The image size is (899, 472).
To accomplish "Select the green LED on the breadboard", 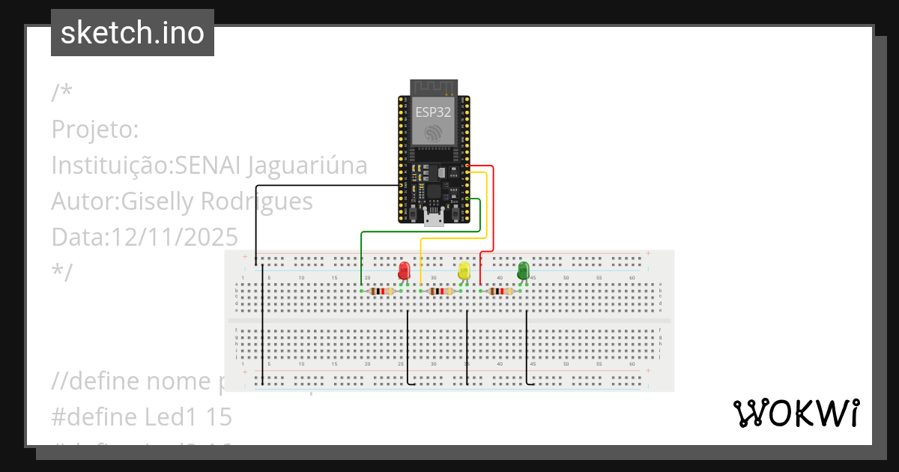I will pyautogui.click(x=524, y=270).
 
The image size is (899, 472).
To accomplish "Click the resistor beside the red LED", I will pyautogui.click(x=382, y=291).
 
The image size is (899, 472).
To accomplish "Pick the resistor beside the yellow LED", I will pyautogui.click(x=442, y=291).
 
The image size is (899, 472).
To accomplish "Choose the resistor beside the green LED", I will pyautogui.click(x=500, y=291).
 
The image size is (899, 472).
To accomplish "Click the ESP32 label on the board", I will pyautogui.click(x=433, y=112).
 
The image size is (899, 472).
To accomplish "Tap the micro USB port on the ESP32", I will pyautogui.click(x=433, y=219).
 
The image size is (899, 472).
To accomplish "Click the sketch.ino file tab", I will pyautogui.click(x=133, y=33).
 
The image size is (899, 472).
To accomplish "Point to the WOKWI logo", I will pyautogui.click(x=796, y=414).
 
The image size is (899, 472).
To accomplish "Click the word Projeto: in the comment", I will pyautogui.click(x=95, y=130).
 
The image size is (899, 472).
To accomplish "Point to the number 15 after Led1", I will pyautogui.click(x=217, y=417).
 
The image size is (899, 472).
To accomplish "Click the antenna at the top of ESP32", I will pyautogui.click(x=433, y=88).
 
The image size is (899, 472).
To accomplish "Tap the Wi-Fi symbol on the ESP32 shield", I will pyautogui.click(x=433, y=133).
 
